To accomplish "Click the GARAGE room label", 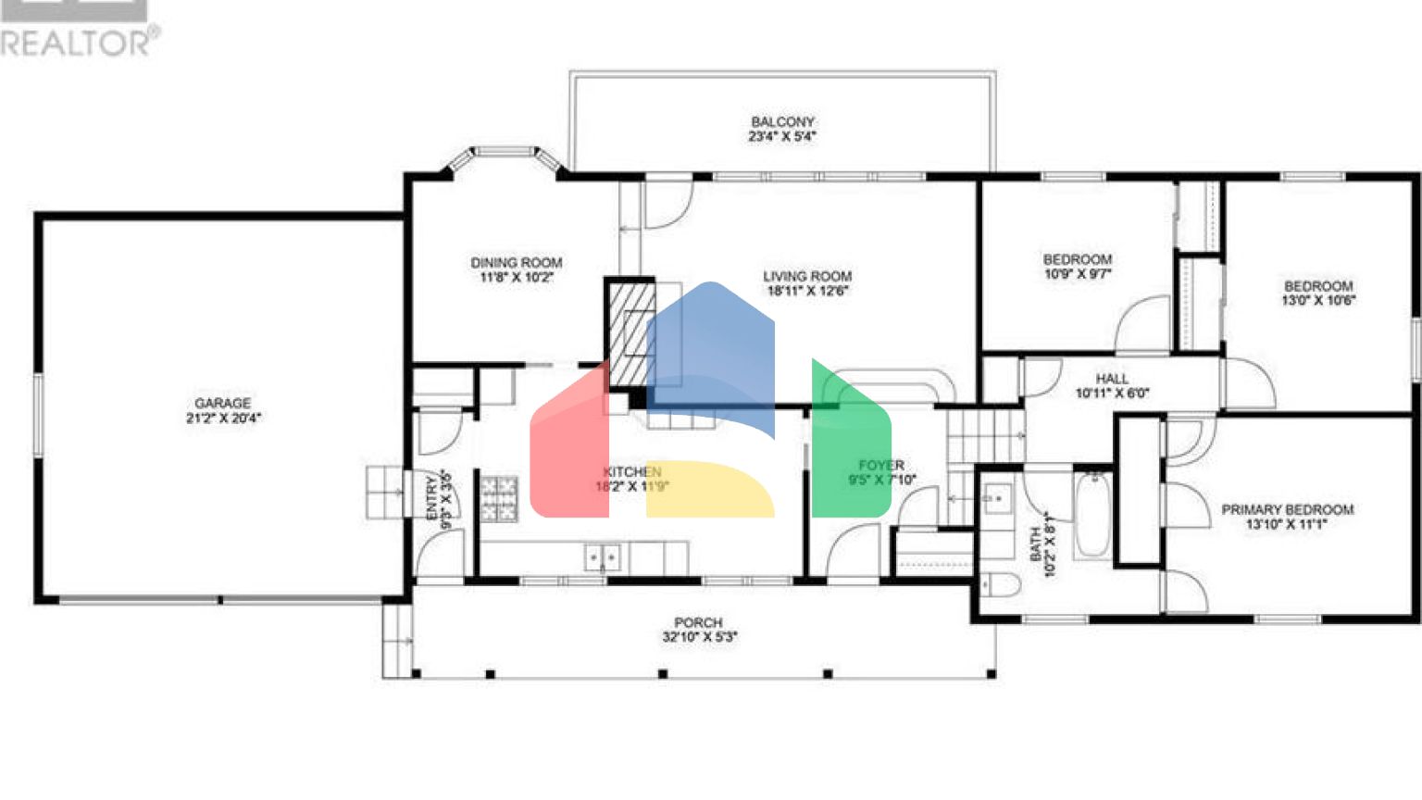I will [x=222, y=403].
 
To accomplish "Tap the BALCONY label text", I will [x=782, y=121].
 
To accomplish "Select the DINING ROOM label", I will [x=516, y=263].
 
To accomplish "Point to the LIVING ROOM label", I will [x=806, y=276].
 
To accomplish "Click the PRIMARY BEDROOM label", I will [x=1287, y=509].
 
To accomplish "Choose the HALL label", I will [x=1112, y=379].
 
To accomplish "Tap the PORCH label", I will [x=698, y=622].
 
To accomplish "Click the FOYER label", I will [x=881, y=466].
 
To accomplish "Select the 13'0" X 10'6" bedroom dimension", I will [x=1318, y=300].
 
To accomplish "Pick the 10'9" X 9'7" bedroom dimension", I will [x=1078, y=274].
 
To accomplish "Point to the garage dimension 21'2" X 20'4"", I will [x=223, y=418].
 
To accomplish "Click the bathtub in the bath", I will [x=1092, y=516].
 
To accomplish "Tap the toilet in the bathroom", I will [x=1000, y=585].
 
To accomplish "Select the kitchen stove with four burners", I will [x=499, y=498].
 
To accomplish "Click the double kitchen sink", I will [x=603, y=557].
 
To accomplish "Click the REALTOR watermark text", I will [x=80, y=43].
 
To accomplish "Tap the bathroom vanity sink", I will [x=997, y=500].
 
